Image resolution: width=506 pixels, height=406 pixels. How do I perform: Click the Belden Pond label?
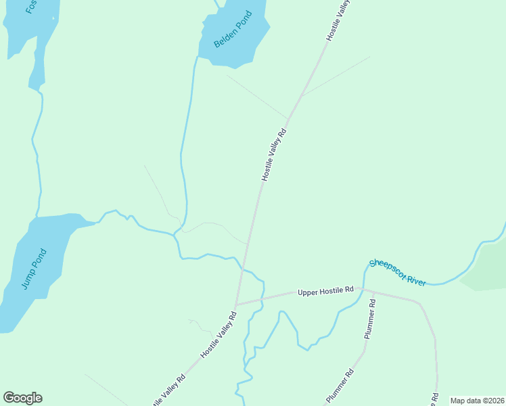coord(233,29)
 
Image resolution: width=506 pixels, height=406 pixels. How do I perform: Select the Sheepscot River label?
coord(398,272)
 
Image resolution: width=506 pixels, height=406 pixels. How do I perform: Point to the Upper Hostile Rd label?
coord(325,290)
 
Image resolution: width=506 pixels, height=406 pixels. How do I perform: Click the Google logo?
coord(22,398)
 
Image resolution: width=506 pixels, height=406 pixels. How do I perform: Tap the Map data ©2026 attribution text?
coord(477,401)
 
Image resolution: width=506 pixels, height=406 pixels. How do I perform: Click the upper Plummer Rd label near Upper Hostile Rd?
coord(369,320)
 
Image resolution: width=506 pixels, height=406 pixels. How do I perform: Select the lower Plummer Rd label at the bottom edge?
coord(340,386)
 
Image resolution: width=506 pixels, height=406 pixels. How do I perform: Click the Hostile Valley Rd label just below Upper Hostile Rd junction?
coord(219,334)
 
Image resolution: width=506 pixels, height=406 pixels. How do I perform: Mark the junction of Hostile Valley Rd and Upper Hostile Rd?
coord(235,305)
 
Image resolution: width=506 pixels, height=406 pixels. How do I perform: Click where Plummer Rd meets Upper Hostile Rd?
coord(373,292)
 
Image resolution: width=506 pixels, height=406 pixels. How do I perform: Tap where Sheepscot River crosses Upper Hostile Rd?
coord(365,290)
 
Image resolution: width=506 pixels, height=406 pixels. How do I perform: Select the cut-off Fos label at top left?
coord(30,7)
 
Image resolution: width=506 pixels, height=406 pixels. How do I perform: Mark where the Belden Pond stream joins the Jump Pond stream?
coord(175,235)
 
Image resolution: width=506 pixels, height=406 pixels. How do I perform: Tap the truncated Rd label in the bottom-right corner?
coord(435,399)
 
